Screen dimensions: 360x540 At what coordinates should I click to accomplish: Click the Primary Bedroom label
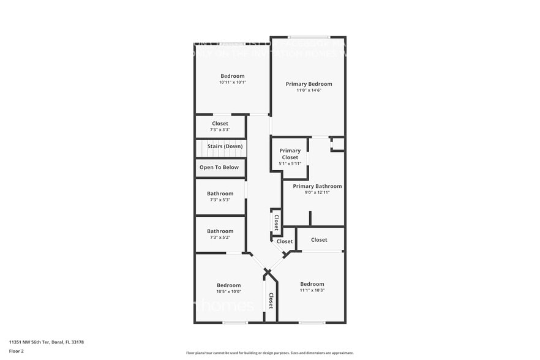click(x=309, y=84)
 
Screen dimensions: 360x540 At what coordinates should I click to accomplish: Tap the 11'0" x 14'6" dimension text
click(x=309, y=91)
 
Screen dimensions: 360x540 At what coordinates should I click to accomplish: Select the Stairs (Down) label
click(x=225, y=146)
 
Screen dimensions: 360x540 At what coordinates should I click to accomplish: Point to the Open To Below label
click(x=219, y=167)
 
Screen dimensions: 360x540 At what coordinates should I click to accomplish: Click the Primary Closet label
click(x=290, y=154)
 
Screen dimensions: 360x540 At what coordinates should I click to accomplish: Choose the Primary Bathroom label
click(x=317, y=186)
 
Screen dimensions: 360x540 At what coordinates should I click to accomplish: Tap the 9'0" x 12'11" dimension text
click(x=317, y=193)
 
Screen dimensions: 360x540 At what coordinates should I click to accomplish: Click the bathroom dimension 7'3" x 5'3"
click(x=220, y=200)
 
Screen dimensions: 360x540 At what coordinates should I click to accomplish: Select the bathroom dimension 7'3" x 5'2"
click(x=220, y=238)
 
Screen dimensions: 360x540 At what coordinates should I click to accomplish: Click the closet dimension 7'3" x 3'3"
click(x=220, y=130)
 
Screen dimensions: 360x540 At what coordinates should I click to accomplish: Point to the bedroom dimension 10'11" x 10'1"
click(x=232, y=83)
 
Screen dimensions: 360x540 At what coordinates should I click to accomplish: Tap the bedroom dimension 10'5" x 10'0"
click(x=228, y=291)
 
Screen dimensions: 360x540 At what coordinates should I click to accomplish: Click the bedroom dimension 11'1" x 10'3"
click(x=312, y=290)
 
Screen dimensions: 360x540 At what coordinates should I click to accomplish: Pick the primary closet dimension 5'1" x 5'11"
click(x=290, y=163)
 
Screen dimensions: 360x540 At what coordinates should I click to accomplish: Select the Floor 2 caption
click(x=17, y=351)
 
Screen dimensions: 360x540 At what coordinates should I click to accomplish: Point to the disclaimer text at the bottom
click(x=269, y=353)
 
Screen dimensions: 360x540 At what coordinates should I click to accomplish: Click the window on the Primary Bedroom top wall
click(x=309, y=37)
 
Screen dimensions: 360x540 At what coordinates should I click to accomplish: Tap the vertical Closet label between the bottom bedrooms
click(x=271, y=301)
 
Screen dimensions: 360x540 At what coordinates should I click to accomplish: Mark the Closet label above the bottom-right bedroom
click(x=319, y=240)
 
